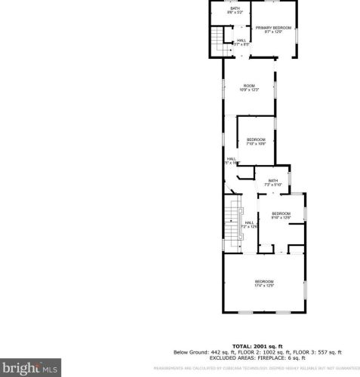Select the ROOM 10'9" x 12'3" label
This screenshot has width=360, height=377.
248,87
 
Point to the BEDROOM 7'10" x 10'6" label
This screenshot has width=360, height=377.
256,141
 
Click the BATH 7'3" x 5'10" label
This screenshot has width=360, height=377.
272,182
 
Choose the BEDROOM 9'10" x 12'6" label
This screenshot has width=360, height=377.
281,215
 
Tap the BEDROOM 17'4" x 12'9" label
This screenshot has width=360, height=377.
263,284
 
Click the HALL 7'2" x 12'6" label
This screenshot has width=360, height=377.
250,224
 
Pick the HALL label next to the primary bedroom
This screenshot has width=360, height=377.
242,42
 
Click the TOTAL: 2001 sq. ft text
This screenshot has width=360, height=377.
257,345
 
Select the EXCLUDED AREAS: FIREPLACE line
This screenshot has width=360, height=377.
257,359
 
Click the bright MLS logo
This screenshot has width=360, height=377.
30,369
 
